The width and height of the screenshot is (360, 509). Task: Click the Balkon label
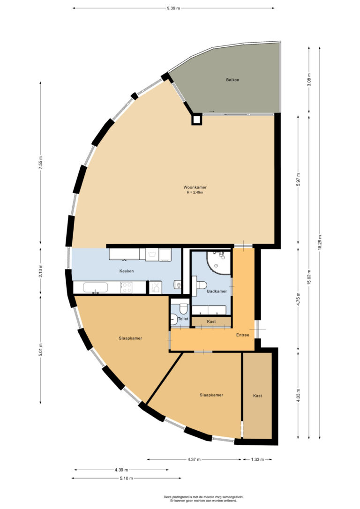tap(232, 80)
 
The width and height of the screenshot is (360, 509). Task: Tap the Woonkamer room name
tap(195, 187)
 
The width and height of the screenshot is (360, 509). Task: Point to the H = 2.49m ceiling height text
tap(195, 192)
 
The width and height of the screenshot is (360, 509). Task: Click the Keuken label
tap(127, 271)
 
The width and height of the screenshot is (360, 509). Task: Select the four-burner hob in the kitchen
tap(127, 287)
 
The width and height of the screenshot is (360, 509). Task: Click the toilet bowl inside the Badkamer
tap(201, 284)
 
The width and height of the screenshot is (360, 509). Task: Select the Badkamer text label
tap(217, 291)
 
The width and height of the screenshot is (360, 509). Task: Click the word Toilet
tap(183, 319)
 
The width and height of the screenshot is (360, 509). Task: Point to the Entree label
tap(242, 335)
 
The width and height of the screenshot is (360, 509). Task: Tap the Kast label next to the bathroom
tap(211, 322)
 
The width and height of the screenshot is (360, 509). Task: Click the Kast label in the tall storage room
tap(257, 396)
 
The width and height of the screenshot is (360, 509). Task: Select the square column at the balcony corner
tap(196, 120)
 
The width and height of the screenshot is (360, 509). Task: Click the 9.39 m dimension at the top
tap(173, 8)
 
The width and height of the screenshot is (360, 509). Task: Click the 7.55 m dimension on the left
tap(41, 162)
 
